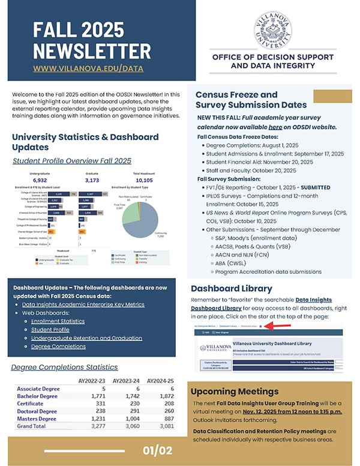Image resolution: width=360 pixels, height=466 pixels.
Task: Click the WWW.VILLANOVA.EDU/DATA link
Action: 88,68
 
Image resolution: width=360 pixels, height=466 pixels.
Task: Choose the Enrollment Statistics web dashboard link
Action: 58,322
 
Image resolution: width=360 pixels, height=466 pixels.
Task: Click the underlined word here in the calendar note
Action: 275,127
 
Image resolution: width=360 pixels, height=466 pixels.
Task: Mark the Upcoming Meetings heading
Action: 236,392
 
